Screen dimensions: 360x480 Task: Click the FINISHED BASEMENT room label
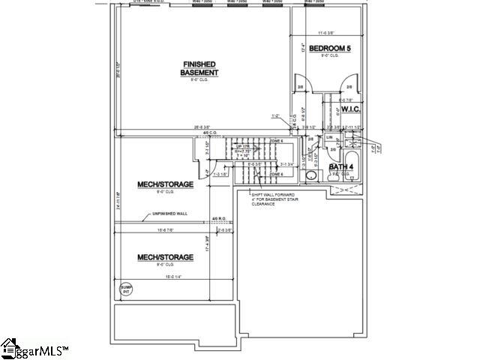[x=199, y=67]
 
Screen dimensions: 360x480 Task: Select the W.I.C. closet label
[x=352, y=109]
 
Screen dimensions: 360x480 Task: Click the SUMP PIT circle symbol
[x=125, y=288]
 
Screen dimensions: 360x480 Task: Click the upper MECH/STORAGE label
[x=165, y=184]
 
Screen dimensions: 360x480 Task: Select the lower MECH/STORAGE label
[x=165, y=257]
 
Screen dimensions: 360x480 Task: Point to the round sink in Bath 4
[x=311, y=176]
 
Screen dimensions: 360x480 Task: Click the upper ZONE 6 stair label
[x=276, y=141]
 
